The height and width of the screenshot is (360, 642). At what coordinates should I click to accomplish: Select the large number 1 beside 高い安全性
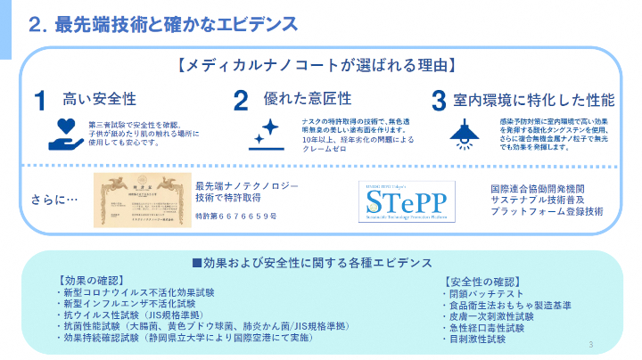40,101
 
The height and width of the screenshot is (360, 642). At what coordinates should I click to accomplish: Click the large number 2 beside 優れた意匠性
241,101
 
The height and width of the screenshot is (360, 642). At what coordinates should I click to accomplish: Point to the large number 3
438,101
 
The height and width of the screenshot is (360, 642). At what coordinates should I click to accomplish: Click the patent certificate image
140,200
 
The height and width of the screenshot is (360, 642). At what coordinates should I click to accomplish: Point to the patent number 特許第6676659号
235,217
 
